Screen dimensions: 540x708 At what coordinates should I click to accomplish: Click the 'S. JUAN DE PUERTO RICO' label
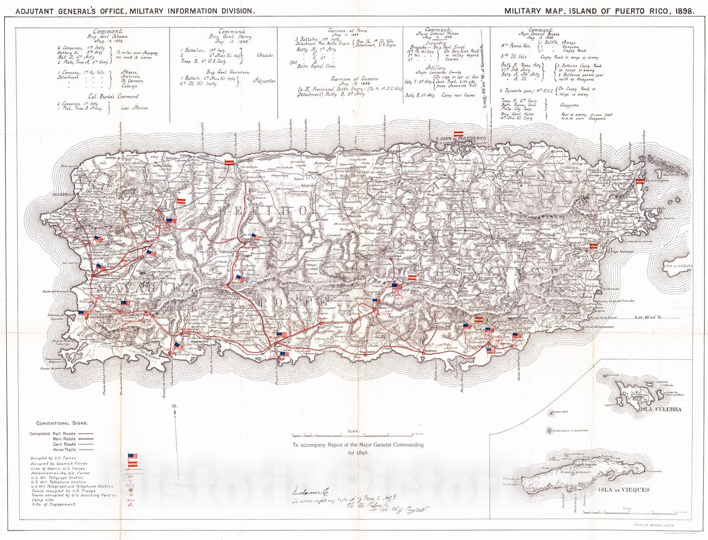click(x=461, y=138)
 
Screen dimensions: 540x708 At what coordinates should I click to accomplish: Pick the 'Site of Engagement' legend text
click(x=53, y=504)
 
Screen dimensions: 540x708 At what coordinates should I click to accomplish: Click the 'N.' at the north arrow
click(x=174, y=406)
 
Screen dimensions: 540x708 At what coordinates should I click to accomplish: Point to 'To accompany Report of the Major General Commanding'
click(x=358, y=445)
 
